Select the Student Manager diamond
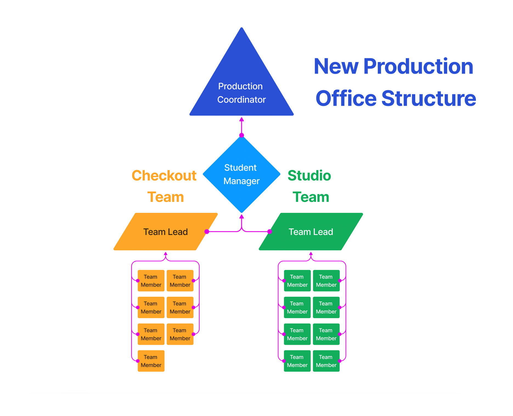coord(241,174)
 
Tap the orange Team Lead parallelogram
coord(165,231)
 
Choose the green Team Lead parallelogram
coord(311,231)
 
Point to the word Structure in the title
coord(429,98)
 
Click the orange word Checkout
coord(164,175)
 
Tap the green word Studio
coord(309,175)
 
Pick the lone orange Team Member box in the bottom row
coord(151,361)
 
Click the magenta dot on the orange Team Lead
coord(207,231)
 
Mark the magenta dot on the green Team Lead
coord(270,231)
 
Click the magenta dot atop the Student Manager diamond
coord(241,135)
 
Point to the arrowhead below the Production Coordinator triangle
coord(241,119)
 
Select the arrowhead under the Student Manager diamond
coord(241,217)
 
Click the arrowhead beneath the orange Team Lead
coord(165,253)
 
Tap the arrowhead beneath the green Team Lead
coord(311,253)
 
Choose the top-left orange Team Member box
coord(151,281)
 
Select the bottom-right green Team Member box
coord(326,361)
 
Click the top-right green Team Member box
coord(326,281)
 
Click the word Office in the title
coord(346,98)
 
